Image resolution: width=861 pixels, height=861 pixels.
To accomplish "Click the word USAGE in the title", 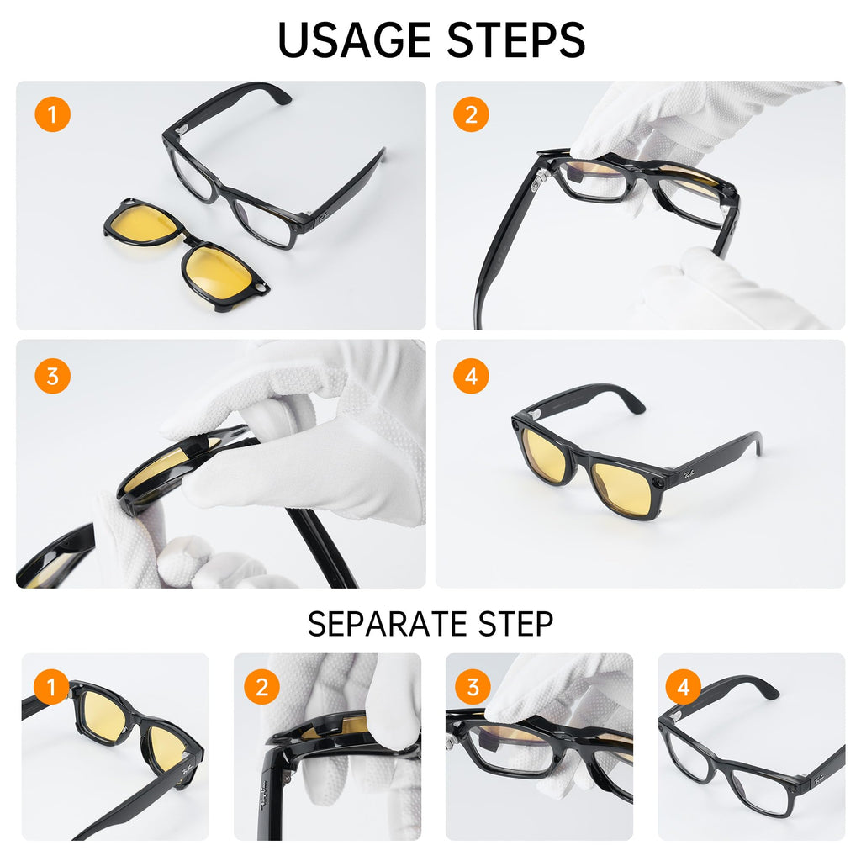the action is click(354, 40).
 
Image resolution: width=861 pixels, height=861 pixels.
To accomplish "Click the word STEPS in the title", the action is click(516, 40).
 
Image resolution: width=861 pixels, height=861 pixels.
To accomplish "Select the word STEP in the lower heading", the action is click(515, 624).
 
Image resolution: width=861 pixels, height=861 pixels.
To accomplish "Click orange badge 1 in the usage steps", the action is click(53, 114).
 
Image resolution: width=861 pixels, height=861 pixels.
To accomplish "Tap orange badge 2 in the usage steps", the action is click(471, 114).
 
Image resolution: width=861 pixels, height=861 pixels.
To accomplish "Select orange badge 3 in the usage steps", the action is click(53, 376).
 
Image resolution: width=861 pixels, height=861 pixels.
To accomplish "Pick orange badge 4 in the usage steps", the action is click(471, 376).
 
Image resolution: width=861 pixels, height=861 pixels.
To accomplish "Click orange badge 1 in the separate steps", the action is click(51, 686).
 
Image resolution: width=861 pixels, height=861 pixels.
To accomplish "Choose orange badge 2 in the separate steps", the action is click(262, 686).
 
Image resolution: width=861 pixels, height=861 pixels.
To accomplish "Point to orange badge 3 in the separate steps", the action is click(473, 686).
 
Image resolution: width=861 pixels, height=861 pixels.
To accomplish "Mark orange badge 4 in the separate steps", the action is click(684, 686).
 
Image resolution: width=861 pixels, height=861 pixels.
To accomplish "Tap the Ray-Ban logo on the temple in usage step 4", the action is click(689, 473).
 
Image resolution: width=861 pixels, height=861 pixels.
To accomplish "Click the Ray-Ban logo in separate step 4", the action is click(818, 778).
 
